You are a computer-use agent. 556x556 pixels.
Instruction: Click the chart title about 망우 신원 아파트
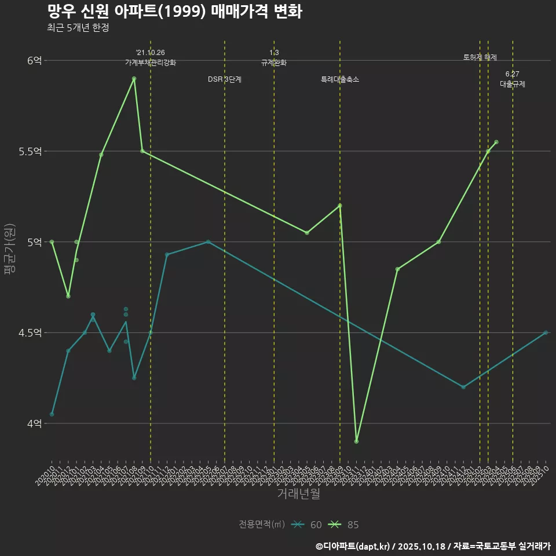[174, 12]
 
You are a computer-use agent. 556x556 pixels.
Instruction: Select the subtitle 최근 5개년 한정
[78, 27]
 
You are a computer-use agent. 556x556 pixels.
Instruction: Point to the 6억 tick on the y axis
[34, 60]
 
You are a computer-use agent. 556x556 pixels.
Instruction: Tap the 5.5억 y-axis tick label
[31, 151]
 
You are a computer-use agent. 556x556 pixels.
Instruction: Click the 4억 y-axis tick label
[34, 423]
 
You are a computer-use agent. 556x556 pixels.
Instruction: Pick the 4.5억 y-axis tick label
[31, 332]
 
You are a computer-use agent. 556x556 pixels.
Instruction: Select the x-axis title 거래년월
[298, 494]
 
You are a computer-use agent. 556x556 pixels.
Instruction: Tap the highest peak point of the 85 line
[134, 78]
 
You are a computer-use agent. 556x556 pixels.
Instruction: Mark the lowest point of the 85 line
[356, 441]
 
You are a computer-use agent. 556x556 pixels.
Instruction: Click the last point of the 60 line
[546, 332]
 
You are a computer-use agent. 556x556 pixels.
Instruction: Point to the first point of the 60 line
[52, 414]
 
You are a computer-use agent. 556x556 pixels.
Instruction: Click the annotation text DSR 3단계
[225, 79]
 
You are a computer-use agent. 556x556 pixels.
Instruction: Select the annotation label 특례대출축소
[340, 79]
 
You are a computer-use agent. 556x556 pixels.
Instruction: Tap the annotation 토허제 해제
[480, 57]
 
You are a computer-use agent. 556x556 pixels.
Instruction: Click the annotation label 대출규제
[513, 84]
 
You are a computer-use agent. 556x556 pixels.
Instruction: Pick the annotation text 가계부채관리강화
[151, 63]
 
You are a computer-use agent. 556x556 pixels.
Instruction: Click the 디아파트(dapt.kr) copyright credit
[353, 546]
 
